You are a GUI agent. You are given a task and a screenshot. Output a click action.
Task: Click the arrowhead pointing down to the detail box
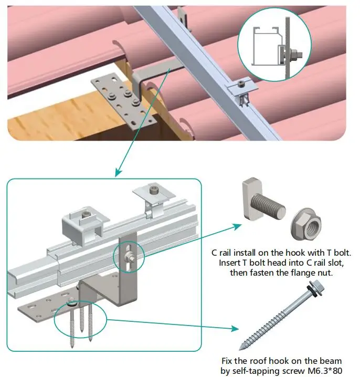119,172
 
